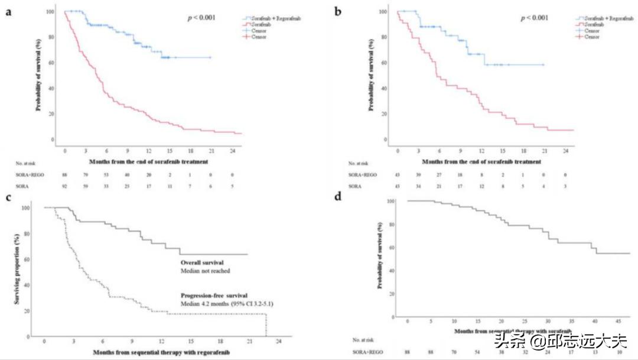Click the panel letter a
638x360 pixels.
pos(9,11)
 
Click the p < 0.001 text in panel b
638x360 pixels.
pos(534,18)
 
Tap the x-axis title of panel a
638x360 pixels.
pos(147,161)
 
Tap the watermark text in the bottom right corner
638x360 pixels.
pos(559,342)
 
